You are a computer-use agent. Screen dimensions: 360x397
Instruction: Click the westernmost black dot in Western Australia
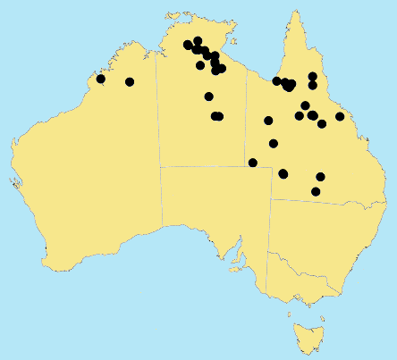pos(101,80)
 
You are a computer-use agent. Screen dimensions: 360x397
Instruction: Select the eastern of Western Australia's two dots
pos(130,82)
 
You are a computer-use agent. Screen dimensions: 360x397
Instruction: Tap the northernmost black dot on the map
pos(198,41)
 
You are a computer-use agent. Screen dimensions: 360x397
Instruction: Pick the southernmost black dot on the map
pos(316,191)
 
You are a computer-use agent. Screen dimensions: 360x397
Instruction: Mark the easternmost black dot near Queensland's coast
pos(340,116)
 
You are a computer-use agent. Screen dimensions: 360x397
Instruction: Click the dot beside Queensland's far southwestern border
pos(253,163)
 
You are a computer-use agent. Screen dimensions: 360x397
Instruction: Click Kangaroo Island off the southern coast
pos(235,265)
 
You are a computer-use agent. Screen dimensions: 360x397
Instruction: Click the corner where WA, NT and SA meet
pos(161,166)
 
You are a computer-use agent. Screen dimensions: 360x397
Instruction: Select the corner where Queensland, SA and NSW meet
pos(269,199)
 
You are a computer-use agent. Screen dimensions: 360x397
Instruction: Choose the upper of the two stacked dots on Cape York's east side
pos(312,76)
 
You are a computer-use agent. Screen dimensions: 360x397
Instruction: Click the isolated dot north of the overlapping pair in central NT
pos(209,96)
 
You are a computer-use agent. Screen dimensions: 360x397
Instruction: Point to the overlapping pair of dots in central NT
pos(216,116)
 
